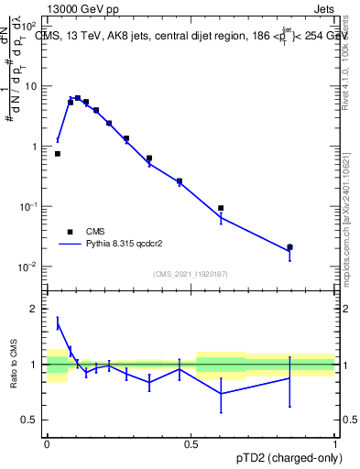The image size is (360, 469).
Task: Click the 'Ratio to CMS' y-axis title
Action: point(13,365)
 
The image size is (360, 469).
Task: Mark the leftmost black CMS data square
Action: point(58,154)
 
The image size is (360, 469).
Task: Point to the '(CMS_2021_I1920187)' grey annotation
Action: point(191,273)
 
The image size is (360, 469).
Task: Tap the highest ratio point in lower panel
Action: point(58,323)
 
